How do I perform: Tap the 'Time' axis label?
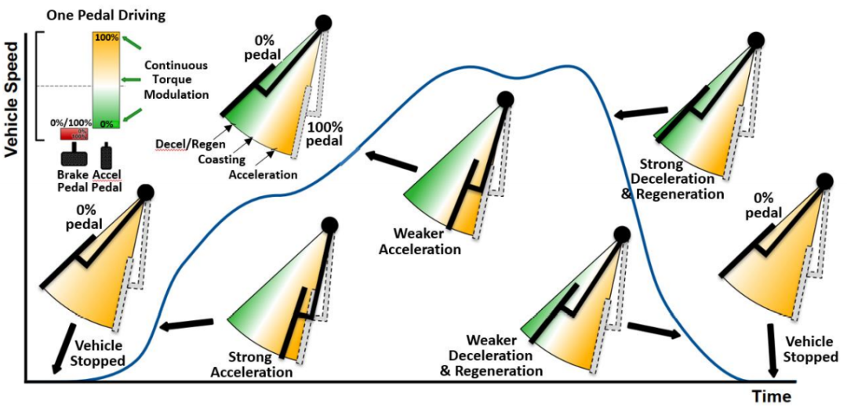[769, 395]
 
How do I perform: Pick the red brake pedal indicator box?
[76, 134]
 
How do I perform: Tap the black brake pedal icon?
[76, 152]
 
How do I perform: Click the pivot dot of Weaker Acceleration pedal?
[506, 100]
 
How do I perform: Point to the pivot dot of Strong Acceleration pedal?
[329, 226]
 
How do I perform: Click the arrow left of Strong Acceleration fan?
[187, 323]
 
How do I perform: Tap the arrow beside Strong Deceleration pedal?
[640, 115]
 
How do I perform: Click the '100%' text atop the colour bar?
[107, 37]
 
